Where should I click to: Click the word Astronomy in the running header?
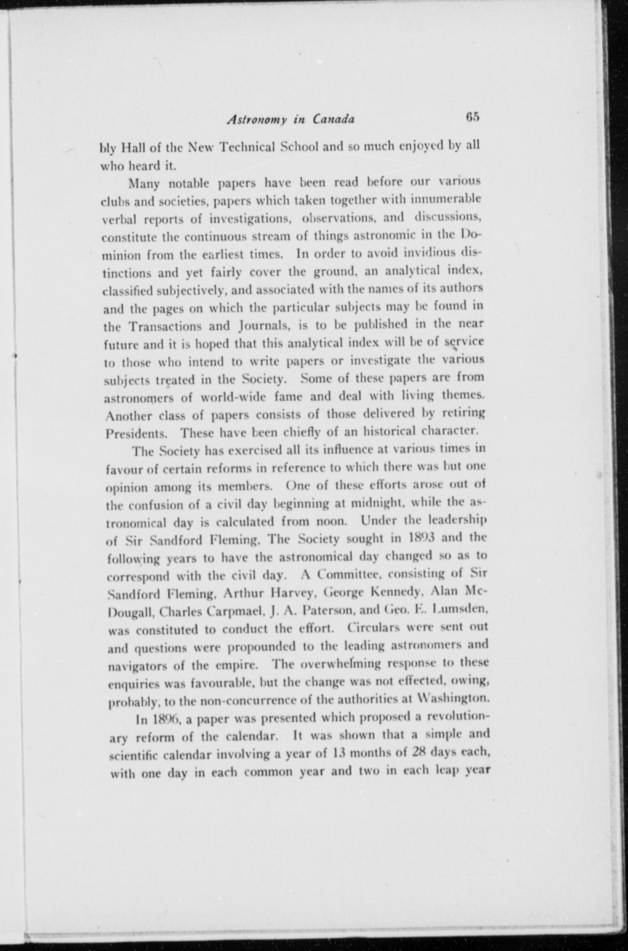click(256, 119)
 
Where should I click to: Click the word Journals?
click(262, 326)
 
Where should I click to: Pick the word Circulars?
click(374, 627)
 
